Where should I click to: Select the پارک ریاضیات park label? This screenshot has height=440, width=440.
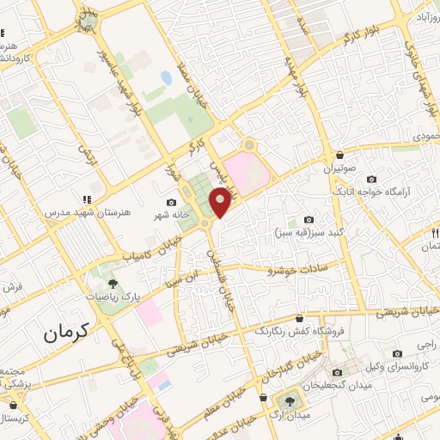point(111,296)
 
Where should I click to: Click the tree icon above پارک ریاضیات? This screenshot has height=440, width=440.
point(111,282)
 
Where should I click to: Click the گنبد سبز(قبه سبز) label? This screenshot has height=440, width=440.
point(309,232)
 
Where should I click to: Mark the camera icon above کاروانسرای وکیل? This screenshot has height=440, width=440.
point(397,354)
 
